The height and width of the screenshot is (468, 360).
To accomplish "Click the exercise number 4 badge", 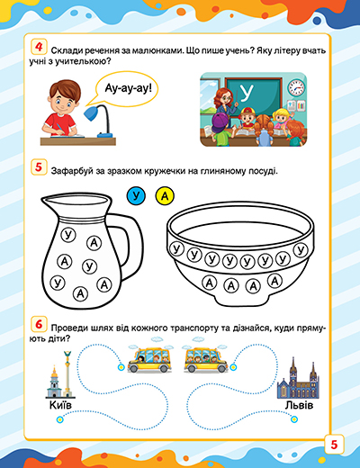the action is tap(39, 47).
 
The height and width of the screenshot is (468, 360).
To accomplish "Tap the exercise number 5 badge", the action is tap(39, 167).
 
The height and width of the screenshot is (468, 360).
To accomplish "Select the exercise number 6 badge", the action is tap(39, 324).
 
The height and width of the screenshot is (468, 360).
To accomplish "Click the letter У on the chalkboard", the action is tap(247, 93).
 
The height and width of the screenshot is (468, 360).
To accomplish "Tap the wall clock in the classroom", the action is tap(296, 87).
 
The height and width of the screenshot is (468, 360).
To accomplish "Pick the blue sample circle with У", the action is tap(136, 196).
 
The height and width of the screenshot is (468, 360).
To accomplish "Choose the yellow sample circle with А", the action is tap(165, 196).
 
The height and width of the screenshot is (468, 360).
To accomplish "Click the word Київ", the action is tap(60, 405).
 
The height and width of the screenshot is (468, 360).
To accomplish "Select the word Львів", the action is tap(299, 405).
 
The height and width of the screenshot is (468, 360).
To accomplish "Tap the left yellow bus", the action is tap(149, 359).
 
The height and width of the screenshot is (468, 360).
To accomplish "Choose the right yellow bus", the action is tap(205, 359).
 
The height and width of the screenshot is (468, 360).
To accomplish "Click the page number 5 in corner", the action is tap(334, 445).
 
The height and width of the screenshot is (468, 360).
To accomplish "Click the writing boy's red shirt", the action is tap(59, 122).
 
